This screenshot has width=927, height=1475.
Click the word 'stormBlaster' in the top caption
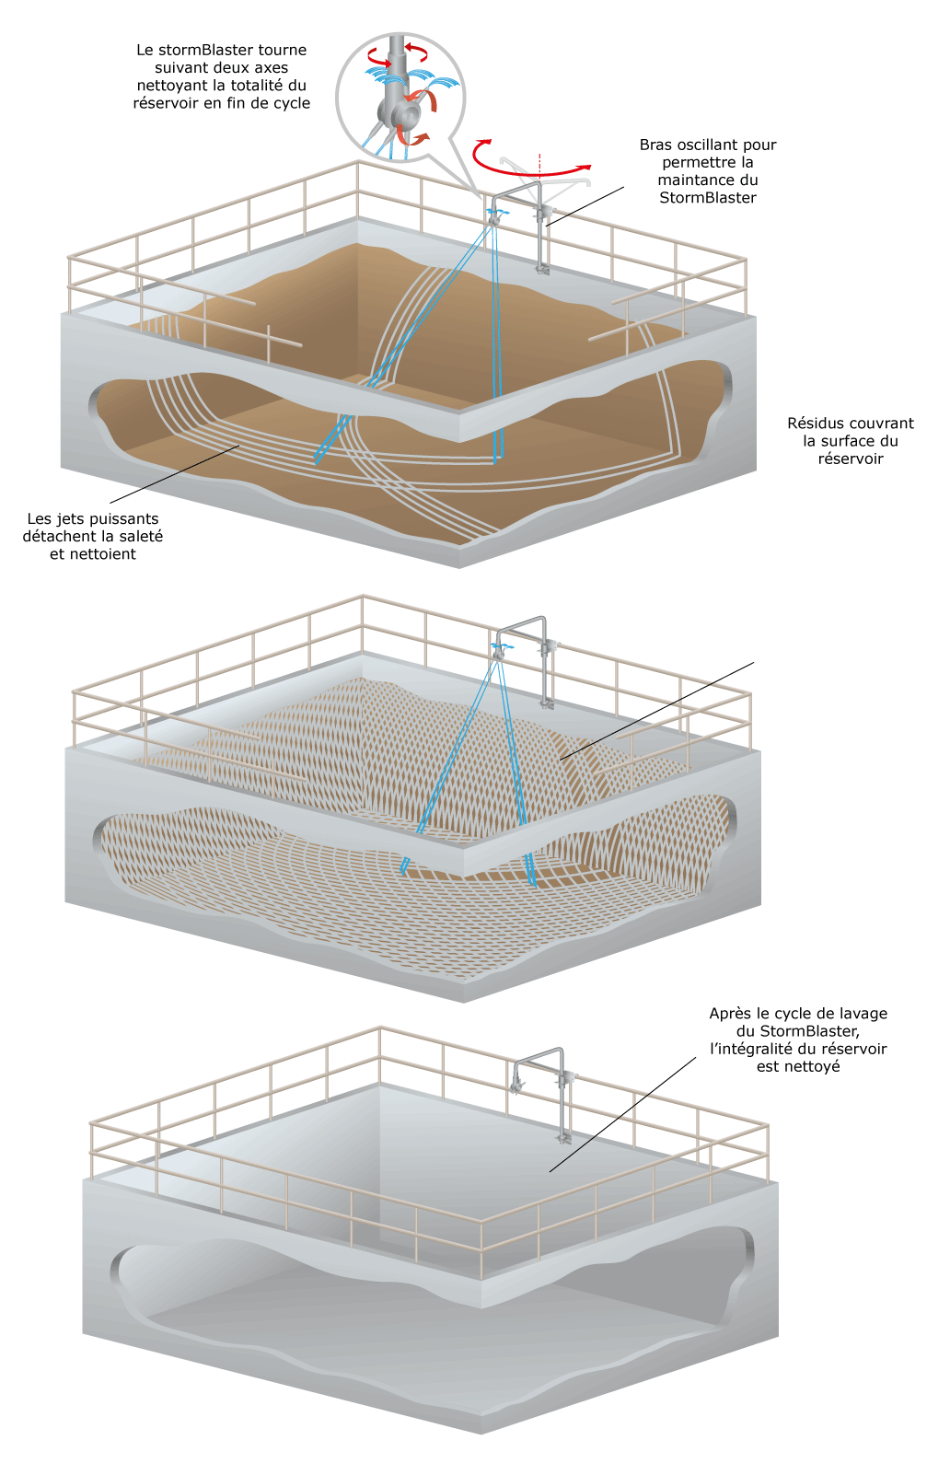pos(200,50)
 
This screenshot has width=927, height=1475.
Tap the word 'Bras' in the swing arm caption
pos(655,145)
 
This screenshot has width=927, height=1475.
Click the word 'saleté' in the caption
pos(142,537)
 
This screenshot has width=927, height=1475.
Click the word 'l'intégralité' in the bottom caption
pos(751,1049)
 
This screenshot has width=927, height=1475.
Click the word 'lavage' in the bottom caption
pos(864,1014)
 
